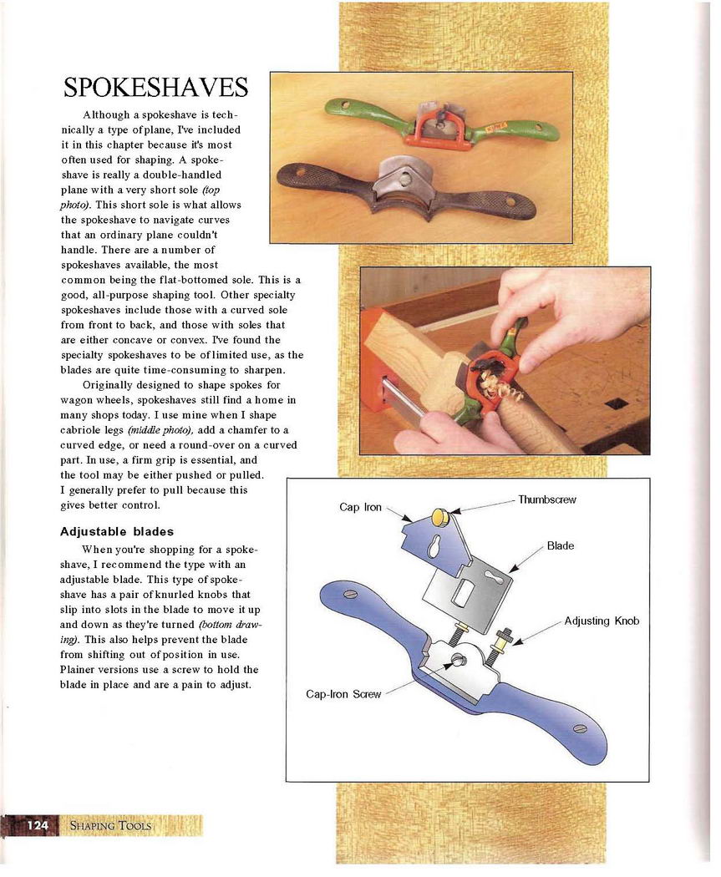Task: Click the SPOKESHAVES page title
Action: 155,87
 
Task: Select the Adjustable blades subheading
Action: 116,531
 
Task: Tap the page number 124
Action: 38,825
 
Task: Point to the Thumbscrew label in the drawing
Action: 546,499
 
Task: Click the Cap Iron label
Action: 360,507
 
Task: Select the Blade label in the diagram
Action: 560,545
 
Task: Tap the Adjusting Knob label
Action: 602,621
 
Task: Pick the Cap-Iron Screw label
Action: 343,694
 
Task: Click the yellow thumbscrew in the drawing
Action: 441,518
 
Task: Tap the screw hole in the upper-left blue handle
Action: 351,594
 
